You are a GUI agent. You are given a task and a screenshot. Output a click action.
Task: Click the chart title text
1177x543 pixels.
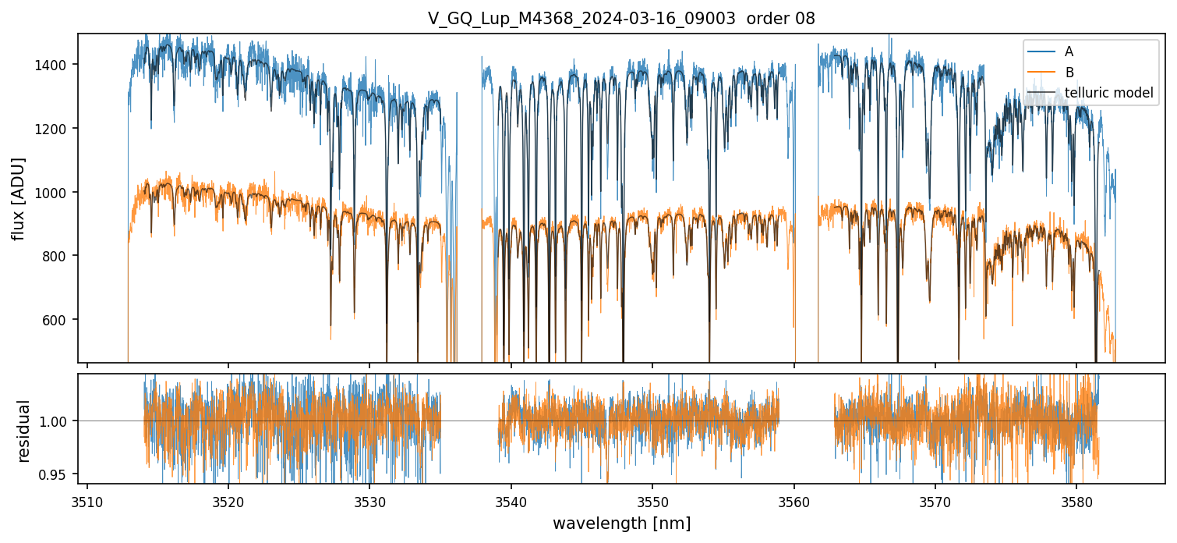point(621,19)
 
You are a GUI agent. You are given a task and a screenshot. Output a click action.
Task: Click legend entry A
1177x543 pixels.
point(1069,51)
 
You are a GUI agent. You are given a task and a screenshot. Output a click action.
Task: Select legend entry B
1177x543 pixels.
point(1069,73)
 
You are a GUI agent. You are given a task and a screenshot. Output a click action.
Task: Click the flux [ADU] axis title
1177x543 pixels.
point(18,198)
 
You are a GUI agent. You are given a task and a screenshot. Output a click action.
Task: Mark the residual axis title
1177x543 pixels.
point(24,431)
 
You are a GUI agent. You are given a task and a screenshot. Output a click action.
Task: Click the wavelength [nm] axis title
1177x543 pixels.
point(621,523)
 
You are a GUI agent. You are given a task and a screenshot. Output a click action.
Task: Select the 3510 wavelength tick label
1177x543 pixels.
point(87,499)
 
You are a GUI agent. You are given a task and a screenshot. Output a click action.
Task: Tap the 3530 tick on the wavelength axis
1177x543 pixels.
point(369,499)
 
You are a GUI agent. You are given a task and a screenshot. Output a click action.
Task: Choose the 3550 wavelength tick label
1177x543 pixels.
point(652,499)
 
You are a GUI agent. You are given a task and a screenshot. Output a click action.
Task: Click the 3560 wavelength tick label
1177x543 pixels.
point(794,499)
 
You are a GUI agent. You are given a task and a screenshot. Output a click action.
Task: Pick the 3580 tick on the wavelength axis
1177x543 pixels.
point(1076,499)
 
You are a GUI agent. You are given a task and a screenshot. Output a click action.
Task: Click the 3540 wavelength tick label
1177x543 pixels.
point(511,499)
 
